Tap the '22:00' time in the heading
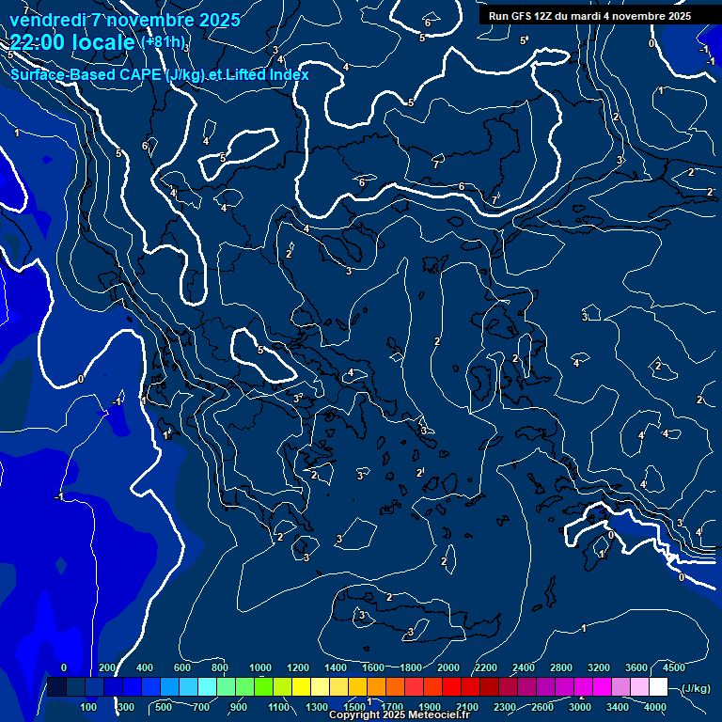(39, 42)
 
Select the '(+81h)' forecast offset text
(163, 42)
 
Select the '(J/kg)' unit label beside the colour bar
(696, 689)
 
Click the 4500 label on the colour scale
(673, 667)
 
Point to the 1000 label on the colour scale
(260, 667)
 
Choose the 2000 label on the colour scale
(448, 667)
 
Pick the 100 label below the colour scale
(89, 707)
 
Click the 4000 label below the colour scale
(655, 707)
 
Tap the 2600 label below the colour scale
(542, 707)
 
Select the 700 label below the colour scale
(201, 707)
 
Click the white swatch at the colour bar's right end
(658, 687)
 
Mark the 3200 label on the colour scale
(599, 667)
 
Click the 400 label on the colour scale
(145, 667)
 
